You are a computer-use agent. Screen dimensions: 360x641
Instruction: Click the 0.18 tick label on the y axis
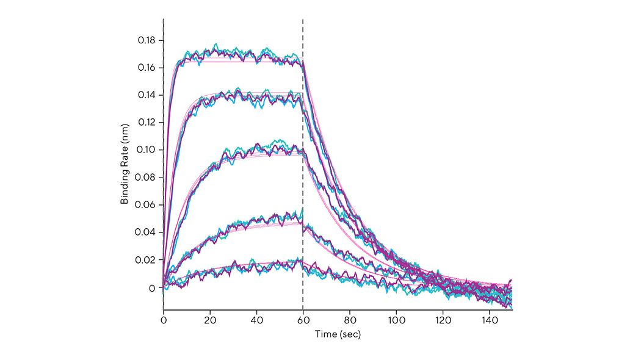(x=147, y=40)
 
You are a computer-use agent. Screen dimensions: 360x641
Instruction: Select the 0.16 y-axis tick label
(x=147, y=67)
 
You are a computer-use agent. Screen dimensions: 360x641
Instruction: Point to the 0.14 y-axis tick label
(x=147, y=95)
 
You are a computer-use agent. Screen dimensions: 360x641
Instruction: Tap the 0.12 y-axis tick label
(x=147, y=123)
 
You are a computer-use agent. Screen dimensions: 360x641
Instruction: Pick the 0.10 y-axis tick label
(x=147, y=150)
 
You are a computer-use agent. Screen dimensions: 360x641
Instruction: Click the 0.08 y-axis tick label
(x=147, y=178)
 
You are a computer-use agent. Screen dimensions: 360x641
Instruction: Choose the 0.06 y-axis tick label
(x=147, y=205)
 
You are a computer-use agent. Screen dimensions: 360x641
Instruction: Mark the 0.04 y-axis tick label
(x=147, y=232)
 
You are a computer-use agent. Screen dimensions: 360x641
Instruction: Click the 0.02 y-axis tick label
(x=147, y=260)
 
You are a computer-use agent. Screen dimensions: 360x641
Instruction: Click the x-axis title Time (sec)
(x=338, y=334)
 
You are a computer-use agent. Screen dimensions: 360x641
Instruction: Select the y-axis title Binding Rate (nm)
(x=125, y=164)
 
